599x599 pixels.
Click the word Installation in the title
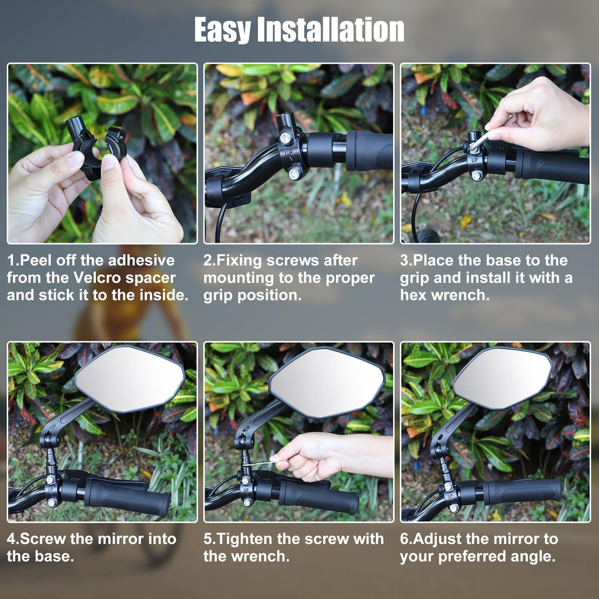[331, 29]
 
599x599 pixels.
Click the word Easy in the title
[222, 30]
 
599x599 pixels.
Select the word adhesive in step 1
[142, 260]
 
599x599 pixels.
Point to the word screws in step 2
[292, 260]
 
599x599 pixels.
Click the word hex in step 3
[413, 295]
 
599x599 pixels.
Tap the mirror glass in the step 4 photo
[130, 378]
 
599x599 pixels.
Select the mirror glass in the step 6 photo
[502, 378]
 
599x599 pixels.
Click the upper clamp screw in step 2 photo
[285, 137]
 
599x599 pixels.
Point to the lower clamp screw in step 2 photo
[294, 174]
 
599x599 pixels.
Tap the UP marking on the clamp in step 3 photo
[474, 160]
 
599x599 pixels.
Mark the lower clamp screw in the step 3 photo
[476, 175]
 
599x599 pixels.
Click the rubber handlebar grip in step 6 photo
[522, 491]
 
